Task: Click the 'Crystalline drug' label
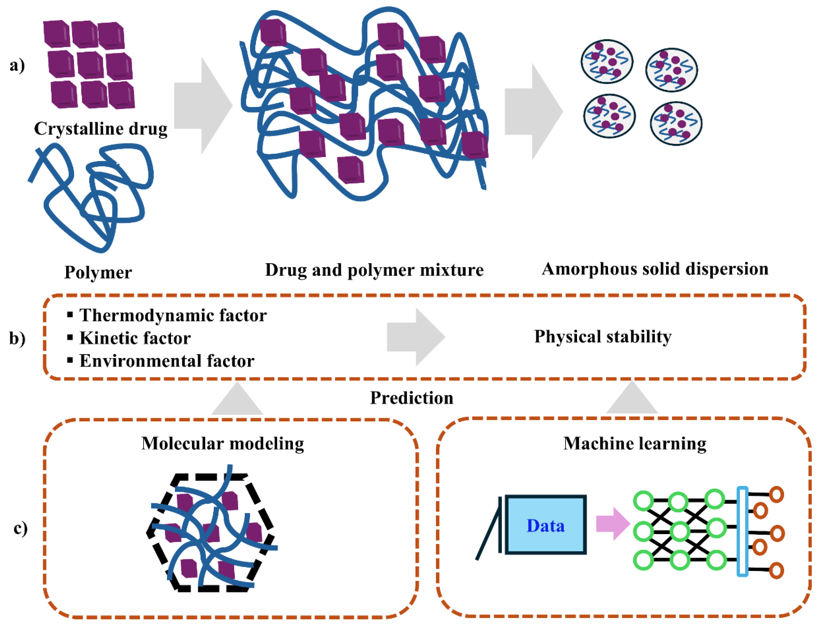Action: pyautogui.click(x=101, y=129)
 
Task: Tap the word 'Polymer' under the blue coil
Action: pyautogui.click(x=98, y=272)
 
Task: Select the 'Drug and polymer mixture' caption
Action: pyautogui.click(x=374, y=270)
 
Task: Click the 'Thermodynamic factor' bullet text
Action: pyautogui.click(x=173, y=316)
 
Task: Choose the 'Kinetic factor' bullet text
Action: pyautogui.click(x=135, y=338)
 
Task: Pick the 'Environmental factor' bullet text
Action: pyautogui.click(x=167, y=361)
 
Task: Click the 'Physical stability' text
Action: pyautogui.click(x=603, y=337)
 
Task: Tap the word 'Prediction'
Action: pyautogui.click(x=411, y=398)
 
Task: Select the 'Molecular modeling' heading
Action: pyautogui.click(x=223, y=443)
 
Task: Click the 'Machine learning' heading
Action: pyautogui.click(x=634, y=443)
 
